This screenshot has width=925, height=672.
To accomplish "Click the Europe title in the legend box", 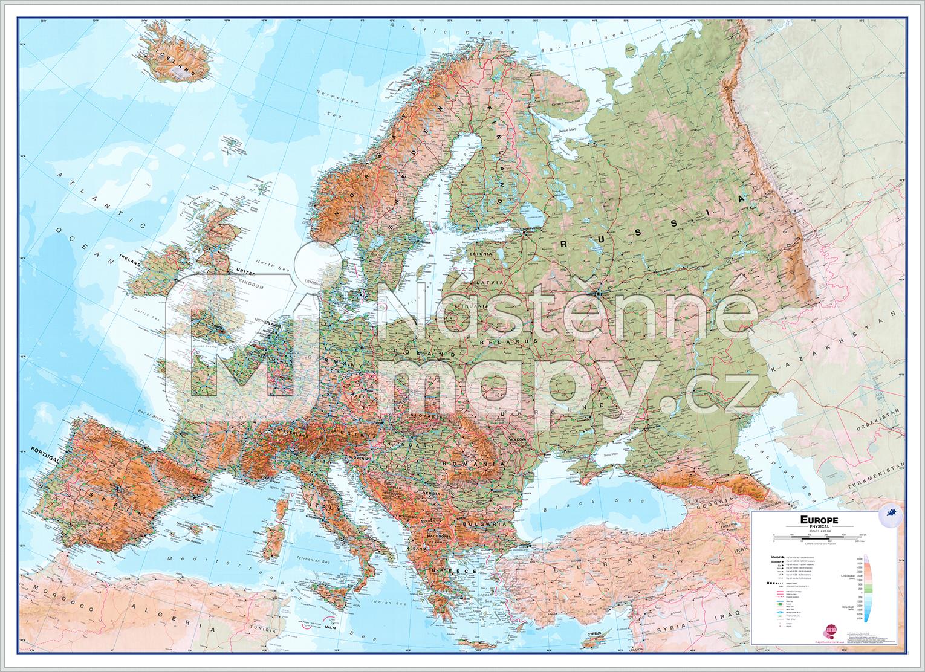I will pyautogui.click(x=819, y=519).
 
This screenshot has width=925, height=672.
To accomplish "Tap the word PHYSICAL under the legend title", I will pyautogui.click(x=819, y=527).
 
